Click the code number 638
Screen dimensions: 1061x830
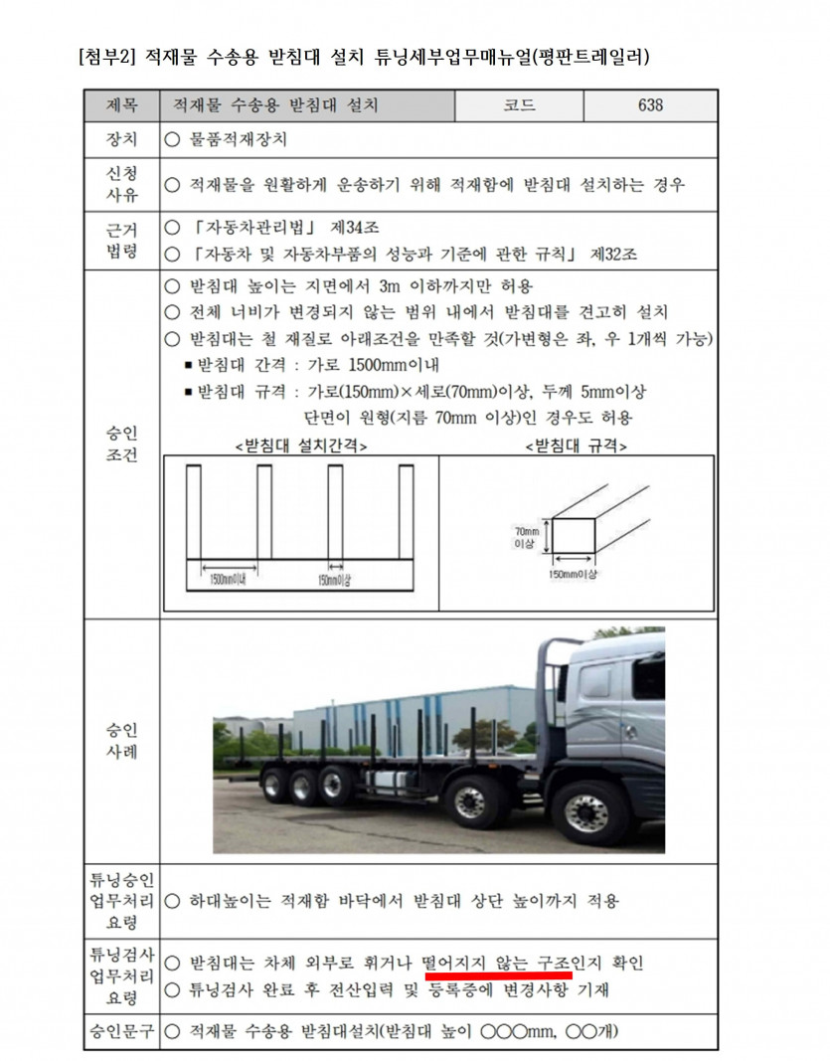pyautogui.click(x=650, y=105)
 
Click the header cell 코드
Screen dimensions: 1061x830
pyautogui.click(x=519, y=105)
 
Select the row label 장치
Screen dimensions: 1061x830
pyautogui.click(x=121, y=140)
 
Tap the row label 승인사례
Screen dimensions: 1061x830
pyautogui.click(x=121, y=741)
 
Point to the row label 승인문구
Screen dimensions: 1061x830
pyautogui.click(x=121, y=1030)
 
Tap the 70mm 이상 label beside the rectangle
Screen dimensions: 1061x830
pyautogui.click(x=526, y=538)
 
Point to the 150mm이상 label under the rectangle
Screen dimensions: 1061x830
pyautogui.click(x=574, y=575)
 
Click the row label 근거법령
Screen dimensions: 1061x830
pyautogui.click(x=121, y=240)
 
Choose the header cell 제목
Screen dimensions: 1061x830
pyautogui.click(x=121, y=105)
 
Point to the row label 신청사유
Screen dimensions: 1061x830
pyautogui.click(x=121, y=185)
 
